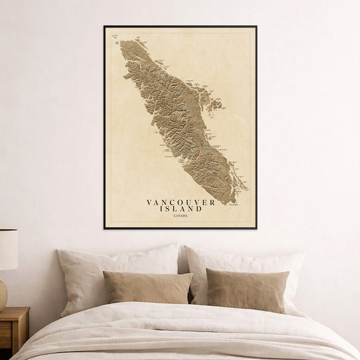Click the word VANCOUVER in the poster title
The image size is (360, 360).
181,203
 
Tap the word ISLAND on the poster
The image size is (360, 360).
181,209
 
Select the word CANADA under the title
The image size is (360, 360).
181,215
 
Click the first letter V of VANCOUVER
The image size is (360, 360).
149,203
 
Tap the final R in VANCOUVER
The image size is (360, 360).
212,203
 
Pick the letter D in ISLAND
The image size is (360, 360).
199,209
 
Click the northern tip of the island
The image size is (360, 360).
122,42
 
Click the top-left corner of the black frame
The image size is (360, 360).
104,26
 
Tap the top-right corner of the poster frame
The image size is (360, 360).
256,26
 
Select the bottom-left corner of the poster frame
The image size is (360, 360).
104,228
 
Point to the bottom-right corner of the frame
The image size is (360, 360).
256,228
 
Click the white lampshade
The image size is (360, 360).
8,249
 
